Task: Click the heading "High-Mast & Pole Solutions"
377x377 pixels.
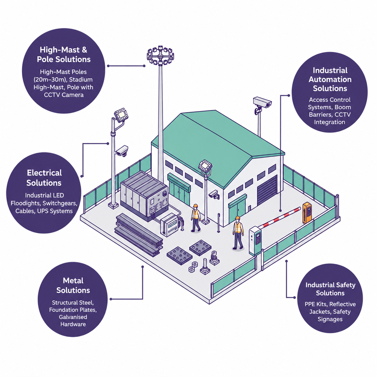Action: [63, 55]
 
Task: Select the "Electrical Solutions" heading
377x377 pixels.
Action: [44, 178]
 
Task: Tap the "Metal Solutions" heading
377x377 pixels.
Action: [73, 285]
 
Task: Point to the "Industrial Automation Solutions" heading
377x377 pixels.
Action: [330, 79]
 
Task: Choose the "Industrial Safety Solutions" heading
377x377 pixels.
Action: [330, 289]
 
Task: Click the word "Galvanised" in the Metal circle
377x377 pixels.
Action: [73, 317]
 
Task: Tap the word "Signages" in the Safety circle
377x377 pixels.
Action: [330, 319]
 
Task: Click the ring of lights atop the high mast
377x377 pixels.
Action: [161, 55]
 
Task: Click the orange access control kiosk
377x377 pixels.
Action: [307, 213]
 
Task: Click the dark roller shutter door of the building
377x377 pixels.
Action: [267, 190]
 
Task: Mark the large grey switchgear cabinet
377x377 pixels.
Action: [144, 196]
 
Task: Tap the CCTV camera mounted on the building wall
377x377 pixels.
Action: [214, 194]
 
